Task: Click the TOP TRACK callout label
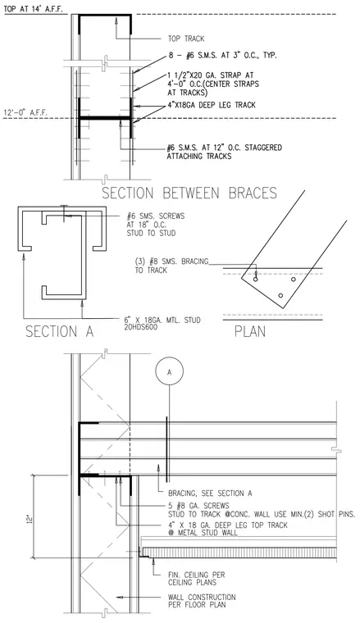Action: tap(186, 39)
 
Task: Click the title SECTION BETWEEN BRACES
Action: tap(189, 193)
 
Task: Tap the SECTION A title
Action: tap(60, 331)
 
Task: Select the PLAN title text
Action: tap(250, 331)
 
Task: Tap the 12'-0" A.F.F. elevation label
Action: tap(25, 112)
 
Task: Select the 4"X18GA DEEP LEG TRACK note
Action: tap(212, 105)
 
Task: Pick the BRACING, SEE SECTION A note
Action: tap(210, 493)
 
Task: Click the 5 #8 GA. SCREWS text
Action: tap(198, 506)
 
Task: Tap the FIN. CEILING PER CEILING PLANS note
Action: tap(196, 579)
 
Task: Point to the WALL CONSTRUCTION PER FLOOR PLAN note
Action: tap(202, 601)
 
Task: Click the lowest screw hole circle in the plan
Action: tap(280, 296)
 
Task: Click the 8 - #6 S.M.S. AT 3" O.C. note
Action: tap(222, 56)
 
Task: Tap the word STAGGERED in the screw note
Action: tap(263, 148)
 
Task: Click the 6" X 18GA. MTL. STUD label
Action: tap(162, 320)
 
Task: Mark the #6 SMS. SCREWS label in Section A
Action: tap(156, 216)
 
